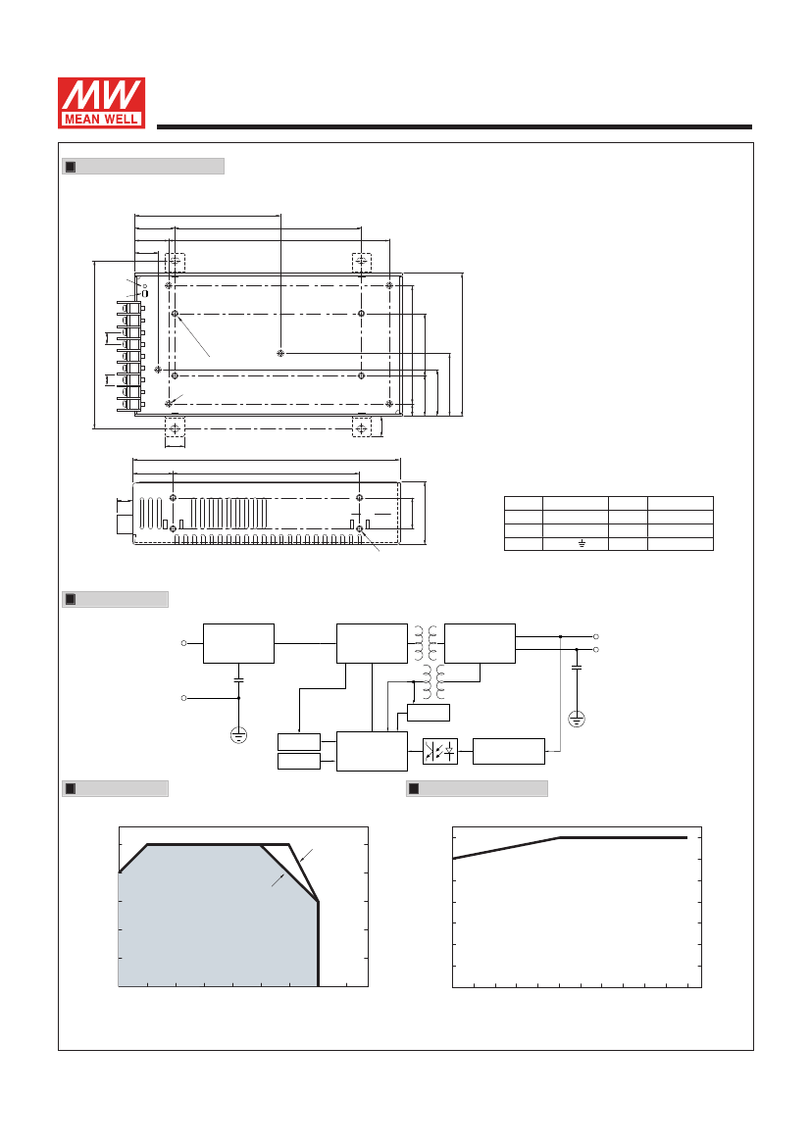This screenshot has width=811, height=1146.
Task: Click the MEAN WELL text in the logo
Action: pyautogui.click(x=102, y=119)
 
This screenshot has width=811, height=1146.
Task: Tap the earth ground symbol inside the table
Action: pyautogui.click(x=583, y=544)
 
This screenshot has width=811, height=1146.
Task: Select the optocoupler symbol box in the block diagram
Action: pyautogui.click(x=440, y=751)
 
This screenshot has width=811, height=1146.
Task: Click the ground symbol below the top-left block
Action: pyautogui.click(x=238, y=735)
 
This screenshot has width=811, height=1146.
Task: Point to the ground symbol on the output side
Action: pyautogui.click(x=577, y=720)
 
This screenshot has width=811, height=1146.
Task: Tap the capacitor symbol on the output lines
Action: pyautogui.click(x=577, y=668)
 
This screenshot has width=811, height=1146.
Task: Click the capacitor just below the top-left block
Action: pyautogui.click(x=238, y=679)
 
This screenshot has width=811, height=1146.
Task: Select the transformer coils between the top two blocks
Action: pyautogui.click(x=426, y=642)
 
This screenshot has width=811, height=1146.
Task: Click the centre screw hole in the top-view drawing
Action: pyautogui.click(x=280, y=353)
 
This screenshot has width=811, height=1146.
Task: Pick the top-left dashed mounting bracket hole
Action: pyautogui.click(x=175, y=263)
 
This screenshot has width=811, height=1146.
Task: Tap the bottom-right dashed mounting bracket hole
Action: pyautogui.click(x=361, y=426)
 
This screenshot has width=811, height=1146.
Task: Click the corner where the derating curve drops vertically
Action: pyautogui.click(x=318, y=902)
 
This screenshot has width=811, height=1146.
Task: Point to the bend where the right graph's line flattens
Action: pyautogui.click(x=559, y=837)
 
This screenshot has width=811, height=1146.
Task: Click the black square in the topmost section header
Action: pyautogui.click(x=71, y=167)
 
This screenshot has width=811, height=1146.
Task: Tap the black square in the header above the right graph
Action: pyautogui.click(x=414, y=788)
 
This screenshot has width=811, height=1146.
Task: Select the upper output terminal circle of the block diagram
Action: pyautogui.click(x=596, y=636)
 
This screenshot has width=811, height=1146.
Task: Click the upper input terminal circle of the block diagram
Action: pyautogui.click(x=183, y=643)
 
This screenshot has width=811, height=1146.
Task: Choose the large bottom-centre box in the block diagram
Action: pyautogui.click(x=372, y=751)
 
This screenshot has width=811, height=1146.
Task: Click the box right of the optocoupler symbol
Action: pyautogui.click(x=509, y=751)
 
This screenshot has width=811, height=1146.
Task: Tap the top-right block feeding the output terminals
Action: pyautogui.click(x=480, y=643)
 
